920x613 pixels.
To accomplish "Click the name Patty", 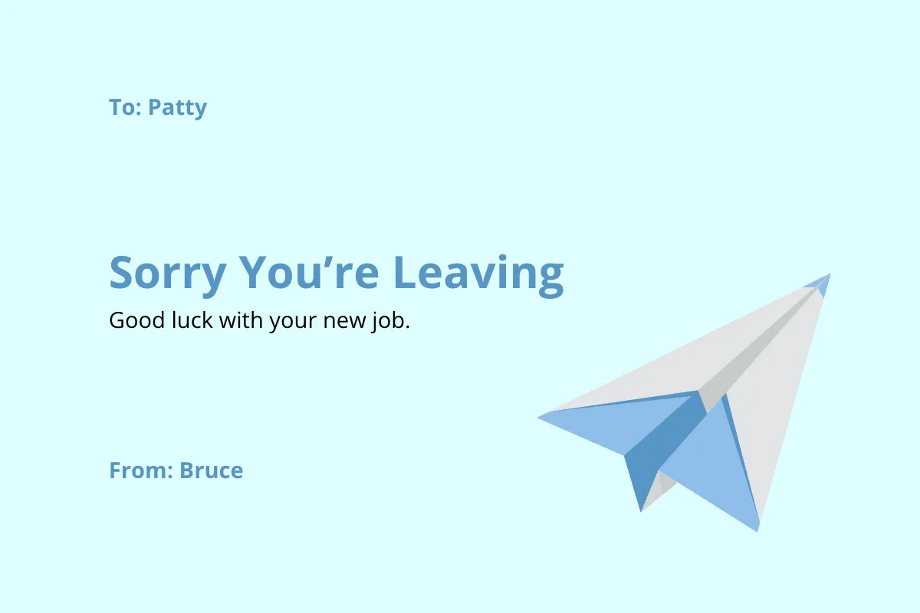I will [x=177, y=107].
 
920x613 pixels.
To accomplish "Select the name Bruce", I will [x=211, y=470].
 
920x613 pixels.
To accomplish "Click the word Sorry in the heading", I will [x=168, y=273].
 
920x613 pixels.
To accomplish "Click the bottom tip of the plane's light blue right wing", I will [x=757, y=529].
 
